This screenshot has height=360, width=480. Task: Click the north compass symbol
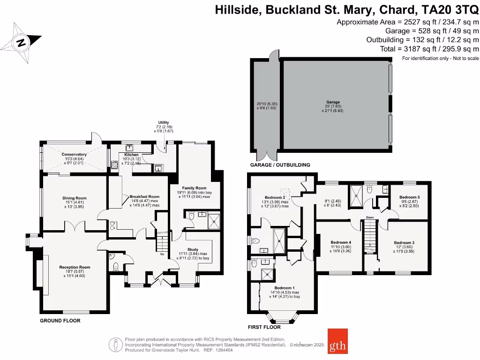point(20,43)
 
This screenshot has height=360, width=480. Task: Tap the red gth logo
point(337,346)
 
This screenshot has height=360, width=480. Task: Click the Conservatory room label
point(74,154)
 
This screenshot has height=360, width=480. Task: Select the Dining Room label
point(75,198)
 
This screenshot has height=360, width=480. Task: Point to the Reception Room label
point(75,267)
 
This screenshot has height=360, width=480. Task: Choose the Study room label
point(192,249)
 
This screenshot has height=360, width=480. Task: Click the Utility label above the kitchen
point(163,122)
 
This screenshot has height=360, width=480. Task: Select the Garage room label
point(333,102)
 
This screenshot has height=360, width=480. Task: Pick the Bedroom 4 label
point(339,242)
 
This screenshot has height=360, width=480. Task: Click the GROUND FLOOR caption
point(60,321)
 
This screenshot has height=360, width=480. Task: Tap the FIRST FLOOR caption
point(264,327)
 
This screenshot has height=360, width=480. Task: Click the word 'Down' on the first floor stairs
point(370,217)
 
